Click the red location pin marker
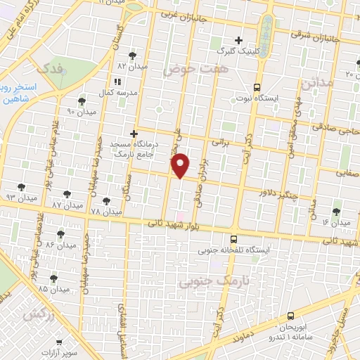tap(181, 166)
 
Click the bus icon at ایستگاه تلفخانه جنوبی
tap(234, 239)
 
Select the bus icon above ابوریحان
tap(291, 318)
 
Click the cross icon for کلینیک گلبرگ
tap(238, 40)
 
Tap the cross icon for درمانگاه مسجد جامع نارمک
tap(134, 133)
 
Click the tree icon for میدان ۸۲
tap(132, 55)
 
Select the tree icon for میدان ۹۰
tap(82, 101)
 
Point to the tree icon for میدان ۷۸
tap(106, 201)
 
